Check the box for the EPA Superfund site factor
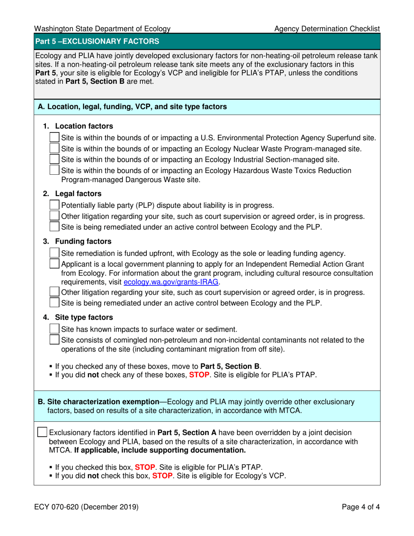pyautogui.click(x=54, y=138)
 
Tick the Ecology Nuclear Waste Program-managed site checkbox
pyautogui.click(x=54, y=149)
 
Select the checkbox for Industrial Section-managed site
pyautogui.click(x=54, y=159)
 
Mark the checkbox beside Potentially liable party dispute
pyautogui.click(x=54, y=205)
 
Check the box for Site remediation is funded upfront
pyautogui.click(x=54, y=253)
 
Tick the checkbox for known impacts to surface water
pyautogui.click(x=54, y=329)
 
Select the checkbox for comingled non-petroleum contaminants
pyautogui.click(x=54, y=339)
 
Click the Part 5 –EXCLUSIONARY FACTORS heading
pyautogui.click(x=97, y=42)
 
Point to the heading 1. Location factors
pyautogui.click(x=78, y=126)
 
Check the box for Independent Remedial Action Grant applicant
pyautogui.click(x=54, y=264)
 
